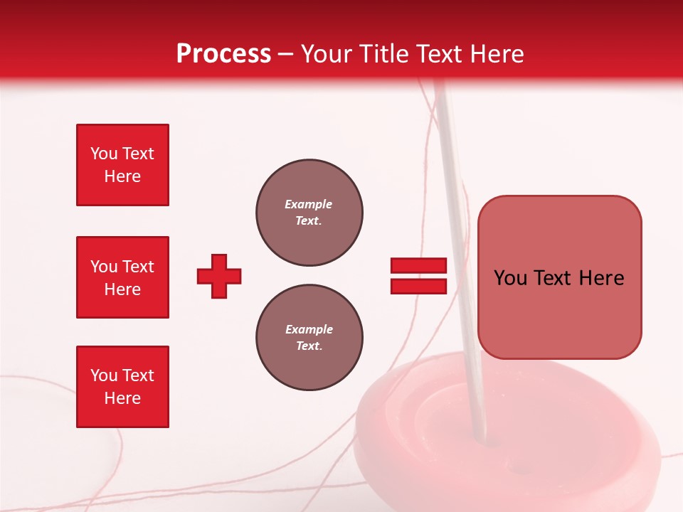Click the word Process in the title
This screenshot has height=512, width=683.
223,54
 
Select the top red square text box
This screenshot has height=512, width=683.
122,165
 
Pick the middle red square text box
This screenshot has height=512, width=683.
122,277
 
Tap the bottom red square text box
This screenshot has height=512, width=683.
122,387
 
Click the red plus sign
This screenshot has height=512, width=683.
219,276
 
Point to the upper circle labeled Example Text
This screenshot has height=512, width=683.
309,213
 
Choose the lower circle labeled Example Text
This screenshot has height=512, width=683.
309,338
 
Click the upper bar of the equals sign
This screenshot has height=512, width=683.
418,266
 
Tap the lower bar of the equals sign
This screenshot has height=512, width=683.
418,286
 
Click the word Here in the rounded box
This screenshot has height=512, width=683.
601,278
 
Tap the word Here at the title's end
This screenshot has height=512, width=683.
496,54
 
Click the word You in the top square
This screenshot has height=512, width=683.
103,154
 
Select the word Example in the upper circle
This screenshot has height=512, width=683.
309,204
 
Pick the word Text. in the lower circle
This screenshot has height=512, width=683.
309,346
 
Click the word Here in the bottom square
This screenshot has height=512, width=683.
122,398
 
